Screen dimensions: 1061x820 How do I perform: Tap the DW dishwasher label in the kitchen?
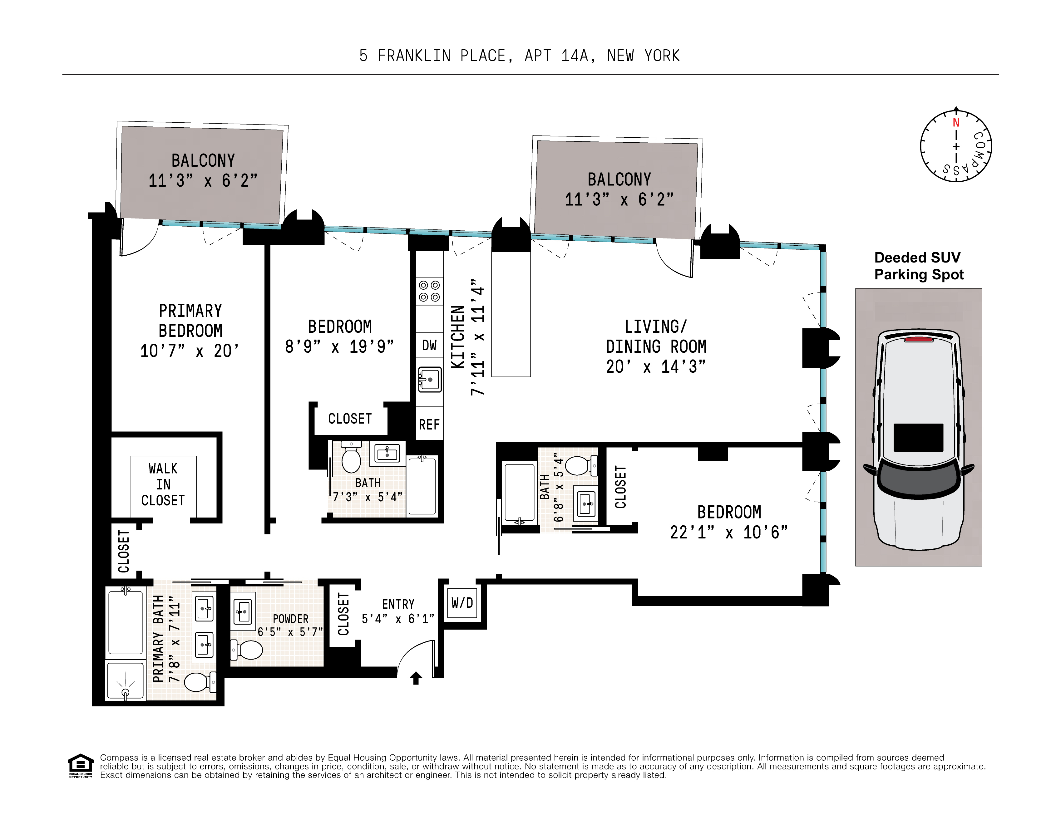[x=429, y=346]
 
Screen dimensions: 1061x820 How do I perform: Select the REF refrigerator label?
[x=429, y=425]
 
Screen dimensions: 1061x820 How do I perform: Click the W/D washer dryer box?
[x=462, y=603]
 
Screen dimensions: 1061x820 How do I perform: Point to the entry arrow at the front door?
[x=416, y=678]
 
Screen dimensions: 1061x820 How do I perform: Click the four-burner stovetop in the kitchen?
[x=429, y=291]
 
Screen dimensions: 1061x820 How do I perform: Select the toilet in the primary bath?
[x=200, y=681]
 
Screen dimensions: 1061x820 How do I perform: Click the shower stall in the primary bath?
[x=125, y=680]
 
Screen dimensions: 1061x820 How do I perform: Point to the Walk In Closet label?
[x=163, y=484]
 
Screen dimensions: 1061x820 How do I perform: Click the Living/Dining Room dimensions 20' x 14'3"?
[x=655, y=367]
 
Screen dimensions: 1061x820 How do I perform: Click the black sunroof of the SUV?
[x=918, y=438]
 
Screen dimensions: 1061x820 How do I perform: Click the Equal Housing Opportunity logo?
[x=81, y=766]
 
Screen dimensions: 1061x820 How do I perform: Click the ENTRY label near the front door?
[x=398, y=604]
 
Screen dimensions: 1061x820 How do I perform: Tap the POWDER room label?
[x=290, y=619]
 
